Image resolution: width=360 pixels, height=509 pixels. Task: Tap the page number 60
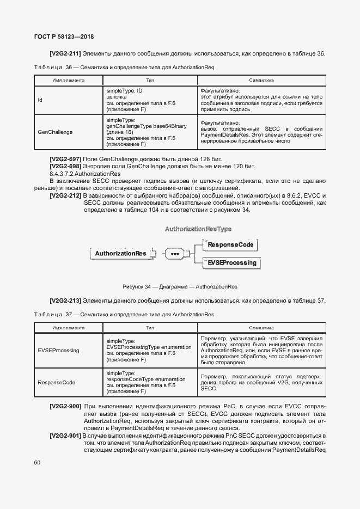[x=37, y=463]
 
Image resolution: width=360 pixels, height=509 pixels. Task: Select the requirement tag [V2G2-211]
[x=65, y=53]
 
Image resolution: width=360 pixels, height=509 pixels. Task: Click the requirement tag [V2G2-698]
[x=65, y=165]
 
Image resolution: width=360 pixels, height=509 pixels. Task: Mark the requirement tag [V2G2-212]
[x=65, y=195]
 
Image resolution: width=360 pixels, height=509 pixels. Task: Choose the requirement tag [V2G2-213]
[x=65, y=301]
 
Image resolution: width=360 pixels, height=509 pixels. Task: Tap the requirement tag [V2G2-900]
[x=65, y=406]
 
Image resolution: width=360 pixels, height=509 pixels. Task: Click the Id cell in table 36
[x=40, y=100]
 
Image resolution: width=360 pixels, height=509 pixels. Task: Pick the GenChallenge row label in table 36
[x=55, y=132]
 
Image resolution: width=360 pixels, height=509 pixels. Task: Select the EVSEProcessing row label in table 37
[x=58, y=350]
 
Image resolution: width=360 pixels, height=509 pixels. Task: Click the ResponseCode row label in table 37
[x=56, y=382]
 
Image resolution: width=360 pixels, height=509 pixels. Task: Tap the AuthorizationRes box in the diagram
[x=120, y=253]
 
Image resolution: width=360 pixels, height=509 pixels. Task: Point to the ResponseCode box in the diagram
[x=231, y=245]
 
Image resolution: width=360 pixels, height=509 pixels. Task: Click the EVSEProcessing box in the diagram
[x=232, y=262]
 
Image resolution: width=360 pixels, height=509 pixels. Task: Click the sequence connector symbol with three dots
[x=175, y=254]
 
